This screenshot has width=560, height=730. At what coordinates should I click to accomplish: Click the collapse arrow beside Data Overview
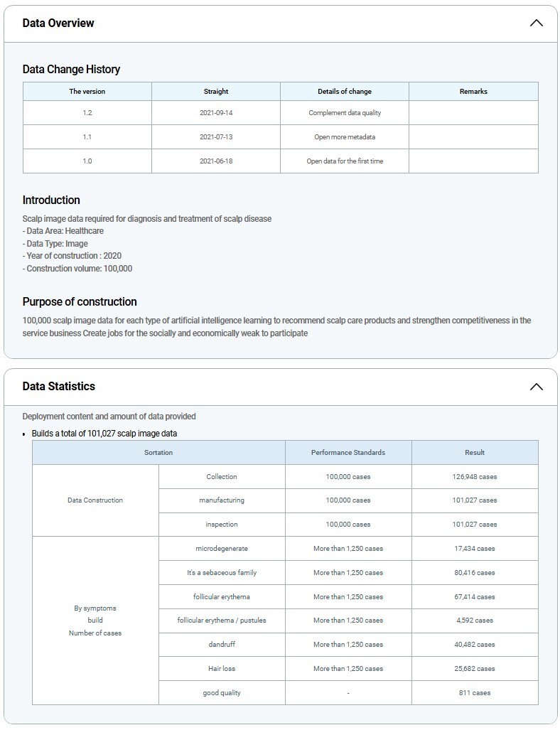tap(536, 23)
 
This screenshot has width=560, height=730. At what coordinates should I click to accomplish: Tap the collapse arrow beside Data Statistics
tap(536, 387)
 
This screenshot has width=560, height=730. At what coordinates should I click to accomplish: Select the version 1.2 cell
tap(87, 113)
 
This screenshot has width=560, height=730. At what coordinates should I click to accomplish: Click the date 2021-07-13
tap(216, 137)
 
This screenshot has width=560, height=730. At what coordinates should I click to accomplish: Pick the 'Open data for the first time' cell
tap(345, 161)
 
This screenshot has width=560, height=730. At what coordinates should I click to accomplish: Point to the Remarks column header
tap(473, 92)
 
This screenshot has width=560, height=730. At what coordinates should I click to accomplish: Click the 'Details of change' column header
tap(345, 92)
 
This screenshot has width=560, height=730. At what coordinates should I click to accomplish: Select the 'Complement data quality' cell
tap(345, 113)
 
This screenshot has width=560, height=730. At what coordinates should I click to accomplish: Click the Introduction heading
tap(51, 200)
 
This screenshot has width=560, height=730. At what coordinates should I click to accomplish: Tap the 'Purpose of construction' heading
tap(80, 302)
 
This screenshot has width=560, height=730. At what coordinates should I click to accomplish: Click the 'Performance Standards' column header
tap(348, 453)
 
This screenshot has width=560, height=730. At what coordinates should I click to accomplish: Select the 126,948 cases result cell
tap(475, 477)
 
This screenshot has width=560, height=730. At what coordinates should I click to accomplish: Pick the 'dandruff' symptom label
tap(222, 645)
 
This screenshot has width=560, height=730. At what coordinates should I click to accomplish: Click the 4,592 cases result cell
tap(475, 621)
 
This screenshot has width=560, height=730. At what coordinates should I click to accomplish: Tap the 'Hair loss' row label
tap(222, 669)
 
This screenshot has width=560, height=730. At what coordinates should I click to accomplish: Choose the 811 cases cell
tap(475, 693)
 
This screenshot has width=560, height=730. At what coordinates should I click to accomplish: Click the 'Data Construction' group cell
tap(95, 500)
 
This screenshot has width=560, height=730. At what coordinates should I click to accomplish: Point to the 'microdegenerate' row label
tap(222, 549)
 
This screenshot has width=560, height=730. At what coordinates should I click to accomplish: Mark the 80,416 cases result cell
tap(475, 573)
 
